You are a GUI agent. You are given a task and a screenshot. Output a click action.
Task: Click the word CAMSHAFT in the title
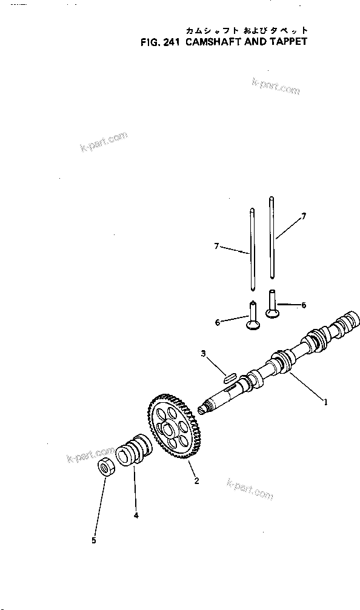(x=215, y=42)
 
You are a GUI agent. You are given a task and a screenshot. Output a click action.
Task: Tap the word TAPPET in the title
(x=287, y=42)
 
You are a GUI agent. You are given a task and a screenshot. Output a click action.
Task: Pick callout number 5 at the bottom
(x=93, y=540)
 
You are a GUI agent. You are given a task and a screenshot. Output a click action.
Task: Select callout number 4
(x=136, y=516)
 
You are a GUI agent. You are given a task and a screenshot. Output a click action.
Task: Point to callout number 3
(x=203, y=353)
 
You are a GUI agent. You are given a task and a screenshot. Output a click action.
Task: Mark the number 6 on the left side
(x=218, y=322)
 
